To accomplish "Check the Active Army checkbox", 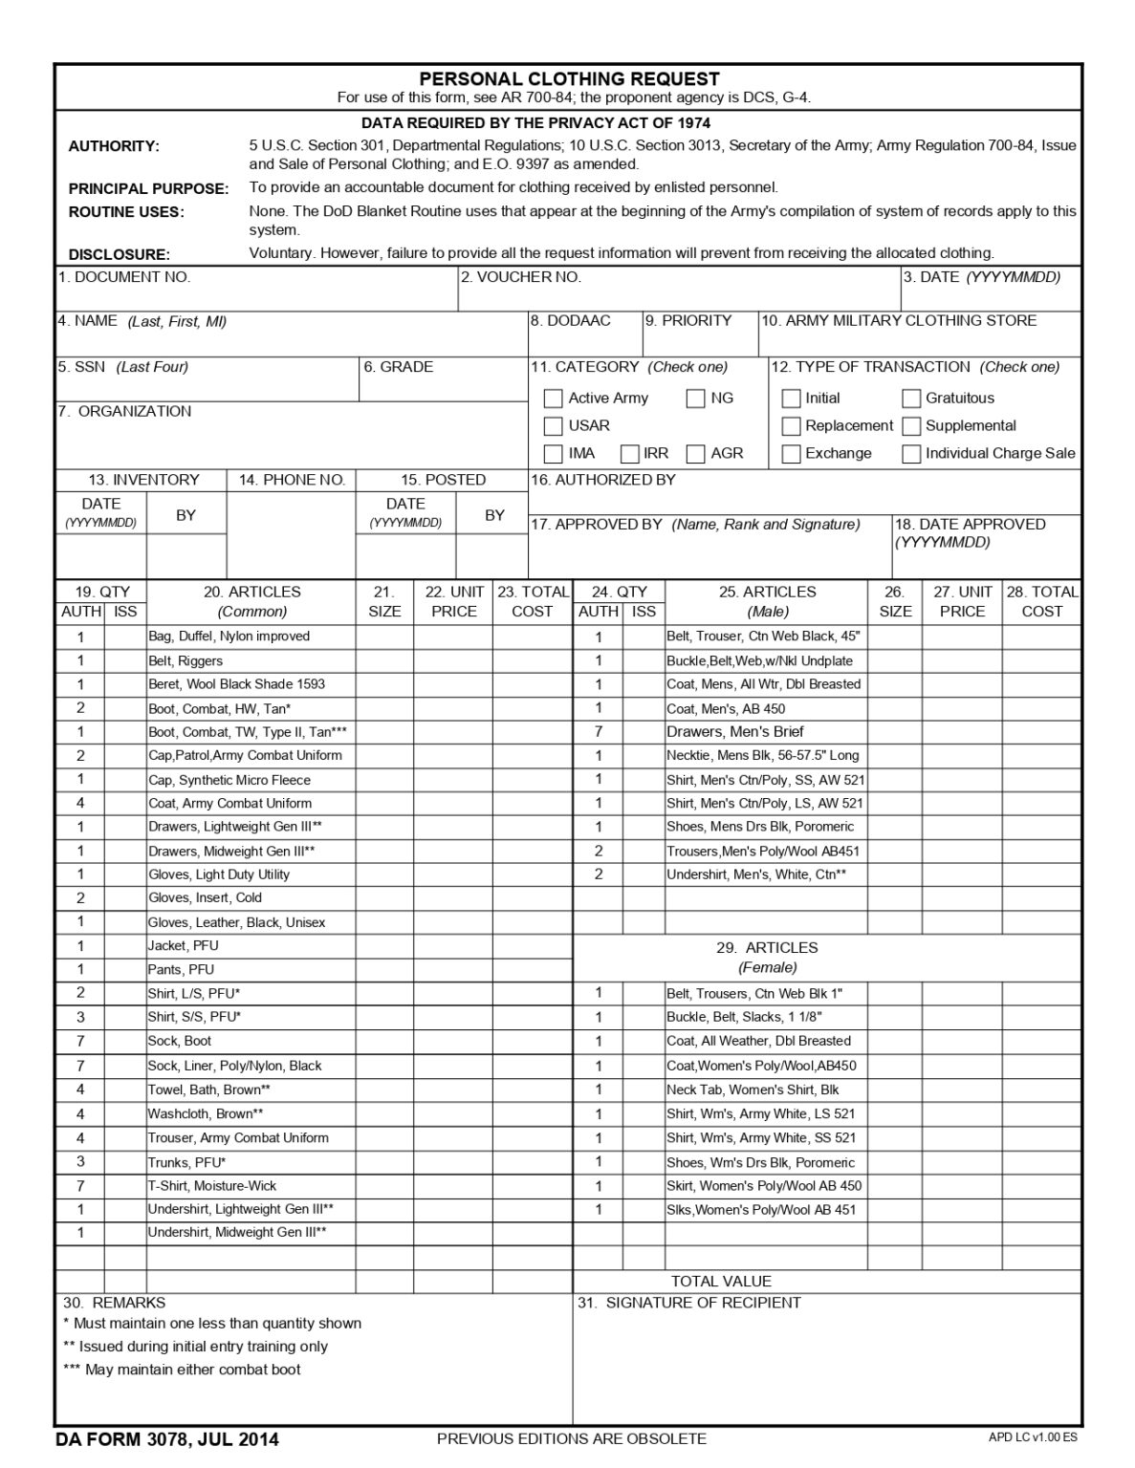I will [x=553, y=399].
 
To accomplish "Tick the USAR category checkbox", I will [x=553, y=426].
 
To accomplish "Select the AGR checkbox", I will [x=695, y=454].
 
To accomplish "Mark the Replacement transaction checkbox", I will [x=791, y=426].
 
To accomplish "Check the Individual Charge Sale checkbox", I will [x=911, y=454].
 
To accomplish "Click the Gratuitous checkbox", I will [x=911, y=399].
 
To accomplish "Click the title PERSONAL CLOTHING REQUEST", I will [x=569, y=78].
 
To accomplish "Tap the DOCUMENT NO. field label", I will [x=124, y=277].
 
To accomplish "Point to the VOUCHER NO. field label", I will [x=521, y=277].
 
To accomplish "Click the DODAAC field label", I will [x=571, y=321].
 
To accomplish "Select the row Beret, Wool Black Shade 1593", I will [x=236, y=684].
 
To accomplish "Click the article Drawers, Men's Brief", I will [x=734, y=732].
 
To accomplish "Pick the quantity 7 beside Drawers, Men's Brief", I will [x=599, y=732].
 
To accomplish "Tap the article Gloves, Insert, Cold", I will [x=205, y=898].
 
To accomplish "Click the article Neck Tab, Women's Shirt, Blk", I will [x=753, y=1090].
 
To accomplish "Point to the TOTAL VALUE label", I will [x=720, y=1282].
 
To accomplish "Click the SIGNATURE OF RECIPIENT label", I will [x=688, y=1303].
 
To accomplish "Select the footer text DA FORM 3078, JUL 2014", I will [x=167, y=1439].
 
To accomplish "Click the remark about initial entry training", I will [x=195, y=1347].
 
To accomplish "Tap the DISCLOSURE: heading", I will [x=119, y=254].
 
